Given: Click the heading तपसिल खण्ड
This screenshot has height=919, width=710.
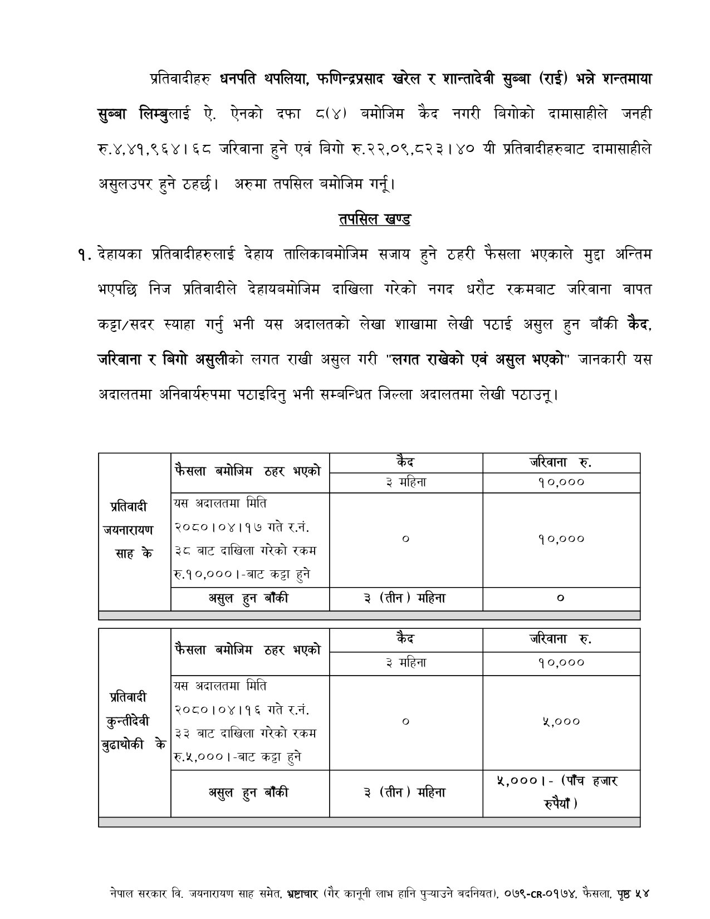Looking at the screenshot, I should click(x=374, y=219).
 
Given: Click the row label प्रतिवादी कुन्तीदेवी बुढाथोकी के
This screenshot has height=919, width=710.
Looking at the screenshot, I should click(x=134, y=720).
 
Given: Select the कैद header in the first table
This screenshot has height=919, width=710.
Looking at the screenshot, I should click(x=405, y=462).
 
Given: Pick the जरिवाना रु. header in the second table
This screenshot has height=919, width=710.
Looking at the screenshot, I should click(x=560, y=639).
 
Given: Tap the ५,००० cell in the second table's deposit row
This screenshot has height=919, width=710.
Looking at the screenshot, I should click(x=560, y=721).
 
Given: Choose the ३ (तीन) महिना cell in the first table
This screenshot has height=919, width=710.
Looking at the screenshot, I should click(x=405, y=599).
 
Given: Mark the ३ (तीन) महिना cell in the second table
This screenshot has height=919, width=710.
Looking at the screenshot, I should click(x=405, y=793).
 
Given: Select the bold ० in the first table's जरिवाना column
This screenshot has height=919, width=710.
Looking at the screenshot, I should click(x=560, y=599).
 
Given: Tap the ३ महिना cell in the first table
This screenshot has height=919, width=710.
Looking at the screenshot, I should click(x=405, y=482).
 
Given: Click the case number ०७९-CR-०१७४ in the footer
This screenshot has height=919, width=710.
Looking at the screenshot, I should click(x=543, y=893).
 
